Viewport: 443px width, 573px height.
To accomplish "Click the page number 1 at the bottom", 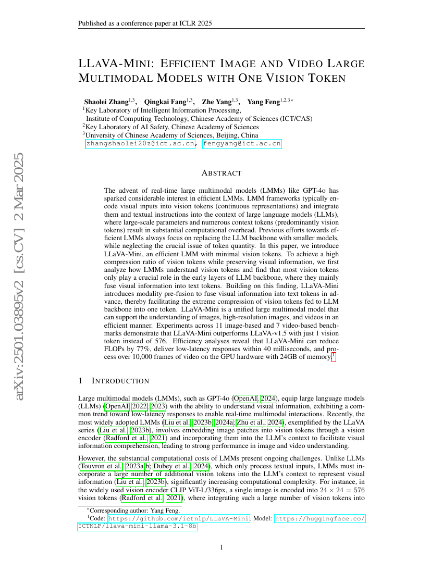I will tap(221, 547).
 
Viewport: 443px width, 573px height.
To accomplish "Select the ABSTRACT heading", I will tap(221, 173).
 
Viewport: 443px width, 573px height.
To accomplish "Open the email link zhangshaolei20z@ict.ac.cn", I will tap(141, 144).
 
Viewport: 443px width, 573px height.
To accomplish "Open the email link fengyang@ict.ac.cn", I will tap(242, 144).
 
